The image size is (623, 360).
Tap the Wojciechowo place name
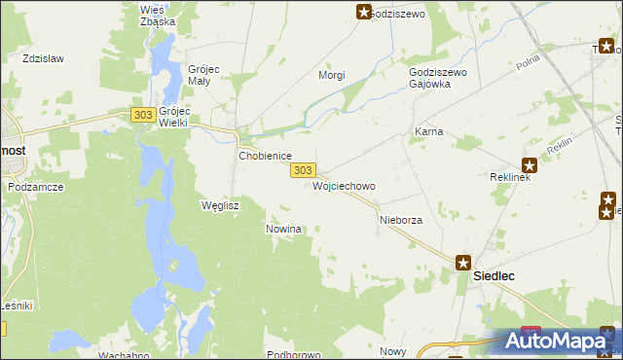point(344,185)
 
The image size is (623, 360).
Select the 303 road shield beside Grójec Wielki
point(143,115)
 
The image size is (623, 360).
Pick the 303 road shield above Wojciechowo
point(303,169)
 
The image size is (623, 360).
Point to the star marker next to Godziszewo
point(364,12)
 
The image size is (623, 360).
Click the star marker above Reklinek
point(530,165)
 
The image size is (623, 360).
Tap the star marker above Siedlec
point(464,262)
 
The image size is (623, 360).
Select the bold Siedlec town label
point(494,276)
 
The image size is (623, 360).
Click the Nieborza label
point(400,221)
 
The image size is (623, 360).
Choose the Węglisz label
point(219,206)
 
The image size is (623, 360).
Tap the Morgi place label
point(332,75)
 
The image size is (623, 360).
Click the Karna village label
point(429,130)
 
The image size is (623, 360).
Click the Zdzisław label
point(43,58)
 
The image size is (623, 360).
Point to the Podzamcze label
point(35,185)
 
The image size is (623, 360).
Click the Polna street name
point(529,63)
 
